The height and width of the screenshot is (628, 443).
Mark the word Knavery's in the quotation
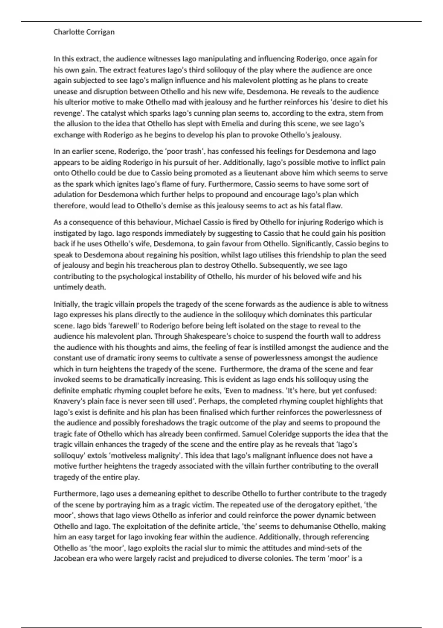70,401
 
